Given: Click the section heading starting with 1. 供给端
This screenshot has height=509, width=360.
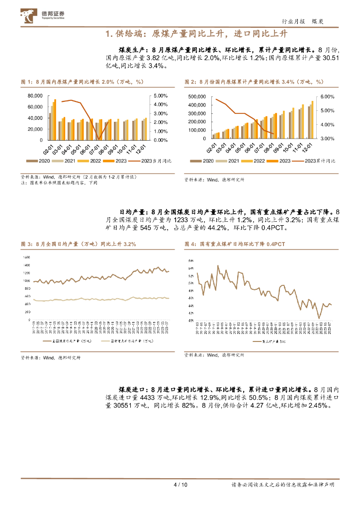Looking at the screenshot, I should tap(197, 34).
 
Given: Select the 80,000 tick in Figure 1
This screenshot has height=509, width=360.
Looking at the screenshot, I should tap(35, 95).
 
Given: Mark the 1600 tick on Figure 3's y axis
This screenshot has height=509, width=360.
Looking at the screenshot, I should tap(27, 257).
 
